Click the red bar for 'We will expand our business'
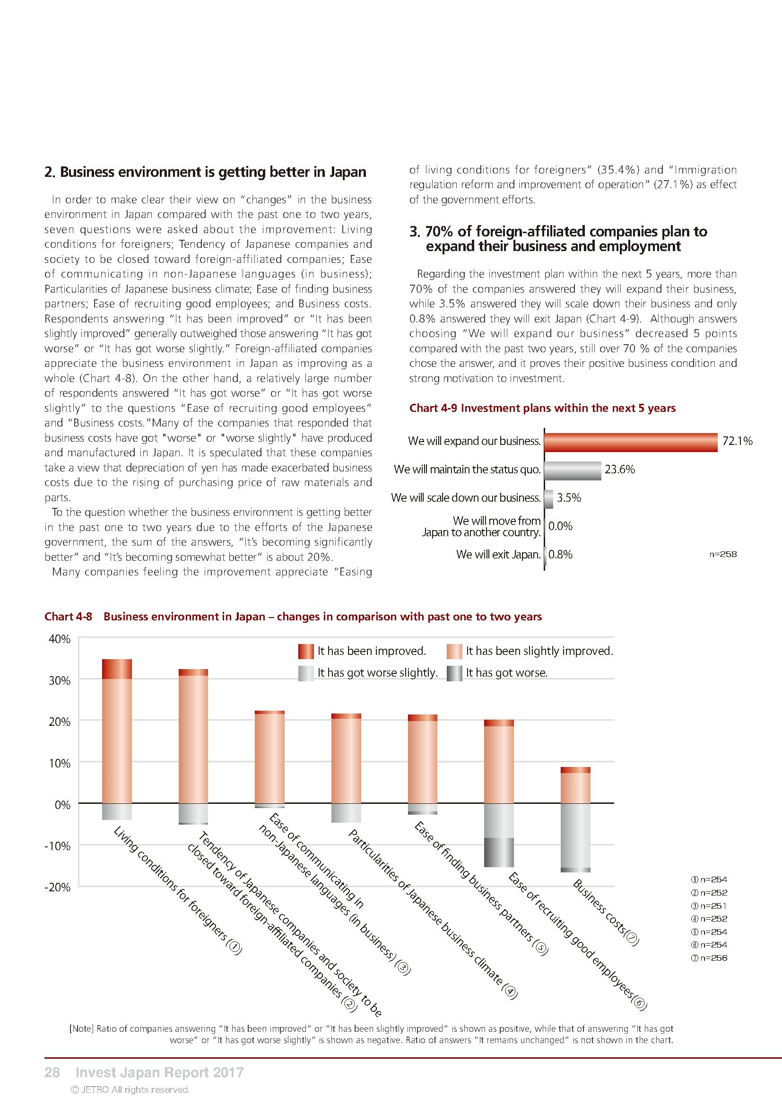[x=631, y=442]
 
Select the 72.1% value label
[x=737, y=441]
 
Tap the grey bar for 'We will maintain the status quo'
[x=573, y=470]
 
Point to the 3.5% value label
[x=569, y=498]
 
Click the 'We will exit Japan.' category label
[x=498, y=555]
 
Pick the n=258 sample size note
[x=723, y=555]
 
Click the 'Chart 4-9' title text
[x=542, y=408]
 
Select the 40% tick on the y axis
[x=60, y=639]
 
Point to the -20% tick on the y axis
[x=58, y=887]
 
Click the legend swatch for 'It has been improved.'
[x=306, y=651]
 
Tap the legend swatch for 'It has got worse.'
[x=454, y=673]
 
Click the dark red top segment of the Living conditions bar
[x=117, y=669]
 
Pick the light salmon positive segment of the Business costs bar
[x=576, y=788]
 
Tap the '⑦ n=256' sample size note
[x=709, y=958]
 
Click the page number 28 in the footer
[x=52, y=1073]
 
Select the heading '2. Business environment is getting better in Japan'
[x=205, y=172]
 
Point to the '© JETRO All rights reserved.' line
[x=130, y=1089]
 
